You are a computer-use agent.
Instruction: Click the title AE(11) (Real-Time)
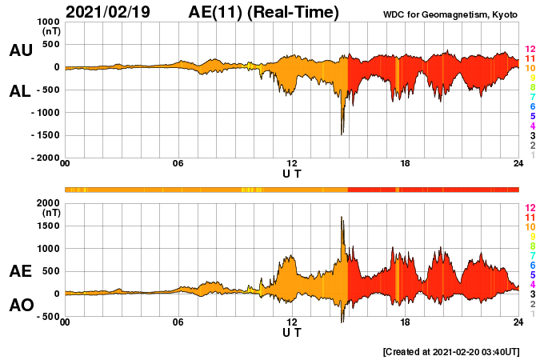tap(263, 12)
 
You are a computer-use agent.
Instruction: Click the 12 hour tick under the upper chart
tap(292, 164)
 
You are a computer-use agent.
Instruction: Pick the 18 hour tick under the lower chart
tap(406, 322)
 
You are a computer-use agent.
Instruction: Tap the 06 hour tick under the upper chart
tap(178, 164)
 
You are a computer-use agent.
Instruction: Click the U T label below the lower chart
tap(292, 333)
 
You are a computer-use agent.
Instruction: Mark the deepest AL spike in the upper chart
tap(342, 134)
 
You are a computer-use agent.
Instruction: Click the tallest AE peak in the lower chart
tap(342, 218)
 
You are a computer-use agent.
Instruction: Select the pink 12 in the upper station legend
tap(529, 50)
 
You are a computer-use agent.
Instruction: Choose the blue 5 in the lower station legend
tap(532, 274)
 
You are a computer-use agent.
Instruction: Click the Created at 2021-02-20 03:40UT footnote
tap(452, 351)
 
